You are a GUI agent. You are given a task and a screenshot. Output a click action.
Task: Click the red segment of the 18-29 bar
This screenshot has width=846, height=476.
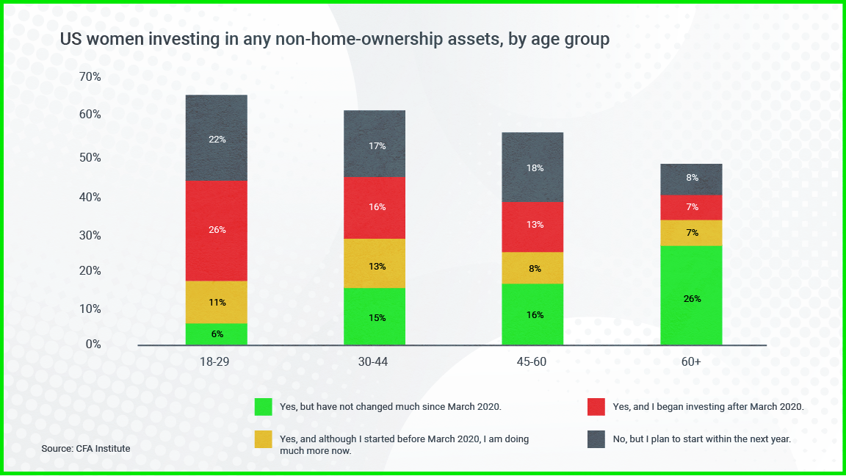(217, 231)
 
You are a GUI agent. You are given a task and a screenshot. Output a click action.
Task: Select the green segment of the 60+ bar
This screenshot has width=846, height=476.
(691, 295)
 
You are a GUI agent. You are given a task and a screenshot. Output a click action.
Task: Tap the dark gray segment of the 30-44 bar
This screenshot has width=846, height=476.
(375, 144)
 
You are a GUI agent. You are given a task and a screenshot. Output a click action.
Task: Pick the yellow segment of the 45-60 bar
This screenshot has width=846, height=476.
(532, 268)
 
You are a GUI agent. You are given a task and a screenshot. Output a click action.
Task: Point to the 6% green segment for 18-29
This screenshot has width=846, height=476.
(217, 334)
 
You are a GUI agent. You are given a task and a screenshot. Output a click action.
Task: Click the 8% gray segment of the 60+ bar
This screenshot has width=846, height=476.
(691, 179)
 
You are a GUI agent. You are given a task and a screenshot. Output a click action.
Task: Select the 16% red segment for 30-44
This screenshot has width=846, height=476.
(375, 208)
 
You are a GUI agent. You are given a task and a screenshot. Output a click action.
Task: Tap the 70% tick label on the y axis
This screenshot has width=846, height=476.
(90, 77)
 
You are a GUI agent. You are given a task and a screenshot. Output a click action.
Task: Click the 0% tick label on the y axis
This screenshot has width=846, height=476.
(93, 345)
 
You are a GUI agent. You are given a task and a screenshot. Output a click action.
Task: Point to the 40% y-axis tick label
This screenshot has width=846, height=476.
(90, 197)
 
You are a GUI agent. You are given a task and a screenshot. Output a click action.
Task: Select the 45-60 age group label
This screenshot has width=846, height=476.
(532, 362)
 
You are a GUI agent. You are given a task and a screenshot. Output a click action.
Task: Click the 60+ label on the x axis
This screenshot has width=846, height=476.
(691, 362)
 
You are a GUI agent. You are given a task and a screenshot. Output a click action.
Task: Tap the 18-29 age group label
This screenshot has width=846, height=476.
(217, 362)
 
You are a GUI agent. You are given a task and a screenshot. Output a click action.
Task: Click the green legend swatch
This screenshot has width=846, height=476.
(264, 406)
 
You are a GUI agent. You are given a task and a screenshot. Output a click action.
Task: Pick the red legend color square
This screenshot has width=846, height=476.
(596, 406)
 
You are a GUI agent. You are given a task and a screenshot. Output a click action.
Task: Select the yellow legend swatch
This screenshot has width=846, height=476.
(264, 439)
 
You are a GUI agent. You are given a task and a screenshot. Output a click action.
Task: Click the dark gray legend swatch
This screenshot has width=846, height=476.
(596, 439)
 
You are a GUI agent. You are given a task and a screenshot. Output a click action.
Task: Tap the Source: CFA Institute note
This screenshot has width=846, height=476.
(86, 448)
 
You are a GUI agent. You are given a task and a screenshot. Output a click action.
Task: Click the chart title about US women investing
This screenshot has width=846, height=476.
(335, 40)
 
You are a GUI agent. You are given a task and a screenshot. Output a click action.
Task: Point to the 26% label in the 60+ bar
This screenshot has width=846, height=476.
(691, 299)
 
